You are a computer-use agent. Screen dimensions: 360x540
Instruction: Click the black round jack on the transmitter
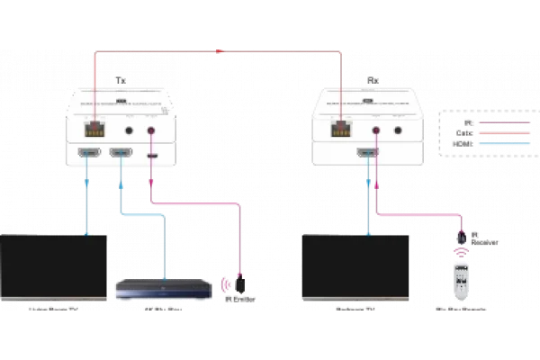tap(131, 130)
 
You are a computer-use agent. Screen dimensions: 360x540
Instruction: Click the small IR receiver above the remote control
tap(462, 237)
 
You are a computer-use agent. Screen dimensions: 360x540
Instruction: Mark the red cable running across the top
tap(270, 52)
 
